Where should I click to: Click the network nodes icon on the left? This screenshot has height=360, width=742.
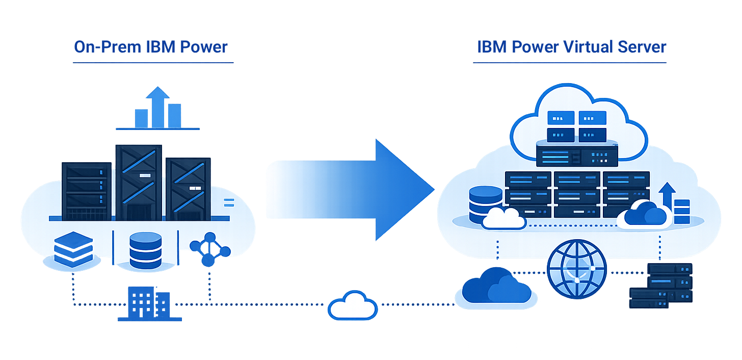(x=209, y=248)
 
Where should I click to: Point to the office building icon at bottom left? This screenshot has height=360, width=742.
(x=149, y=304)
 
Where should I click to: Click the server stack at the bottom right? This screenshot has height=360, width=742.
(x=661, y=286)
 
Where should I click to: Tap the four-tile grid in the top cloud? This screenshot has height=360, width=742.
(x=577, y=126)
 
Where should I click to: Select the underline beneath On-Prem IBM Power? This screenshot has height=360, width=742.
(x=153, y=62)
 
